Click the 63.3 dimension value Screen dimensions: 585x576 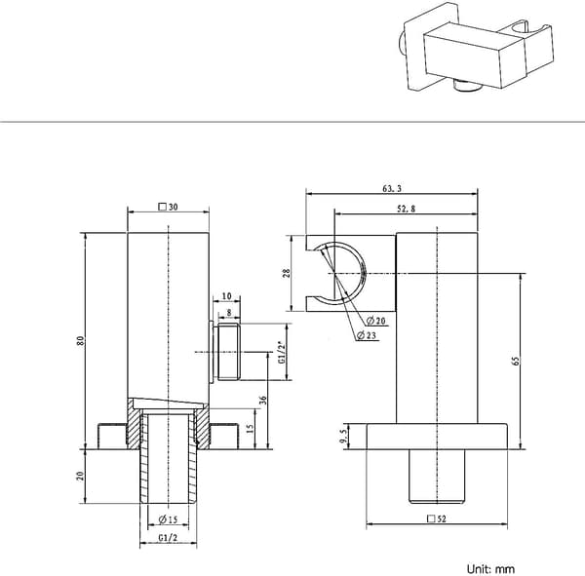pyautogui.click(x=392, y=188)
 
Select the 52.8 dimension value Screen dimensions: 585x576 pyautogui.click(x=406, y=209)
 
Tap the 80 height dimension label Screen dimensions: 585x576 pyautogui.click(x=81, y=340)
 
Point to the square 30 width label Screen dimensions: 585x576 pyautogui.click(x=169, y=207)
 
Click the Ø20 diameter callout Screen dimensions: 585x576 pyautogui.click(x=375, y=321)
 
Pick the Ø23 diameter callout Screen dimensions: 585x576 pyautogui.click(x=367, y=335)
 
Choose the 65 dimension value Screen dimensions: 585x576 pyautogui.click(x=516, y=361)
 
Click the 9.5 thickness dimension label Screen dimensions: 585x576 pyautogui.click(x=343, y=436)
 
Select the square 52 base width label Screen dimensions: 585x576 pyautogui.click(x=437, y=518)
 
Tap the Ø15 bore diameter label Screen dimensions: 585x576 pyautogui.click(x=168, y=519)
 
